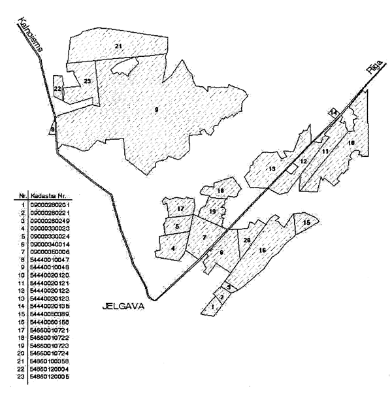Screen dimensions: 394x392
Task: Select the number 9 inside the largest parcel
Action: click(156, 110)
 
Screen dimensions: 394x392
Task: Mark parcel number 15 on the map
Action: click(306, 223)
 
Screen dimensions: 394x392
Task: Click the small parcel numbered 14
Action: click(333, 113)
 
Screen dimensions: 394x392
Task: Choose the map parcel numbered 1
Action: click(212, 306)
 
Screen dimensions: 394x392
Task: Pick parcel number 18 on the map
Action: click(221, 191)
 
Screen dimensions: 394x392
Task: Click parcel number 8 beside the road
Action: click(52, 129)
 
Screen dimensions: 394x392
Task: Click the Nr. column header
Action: click(24, 196)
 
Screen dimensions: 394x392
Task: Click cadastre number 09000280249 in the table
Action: click(50, 222)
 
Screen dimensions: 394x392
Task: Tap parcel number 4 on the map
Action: click(172, 248)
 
